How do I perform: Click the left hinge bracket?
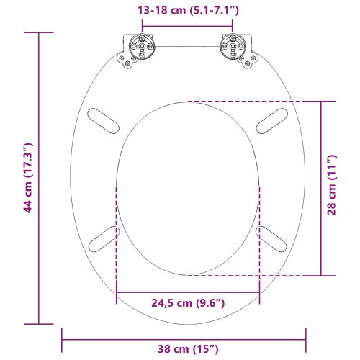pos(138,50)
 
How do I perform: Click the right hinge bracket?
pos(235,50)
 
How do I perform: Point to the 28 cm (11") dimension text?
pos(332,189)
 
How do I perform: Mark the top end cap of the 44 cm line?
pos(39,32)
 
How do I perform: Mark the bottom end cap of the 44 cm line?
pos(39,323)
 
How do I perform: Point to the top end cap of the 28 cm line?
pos(321,101)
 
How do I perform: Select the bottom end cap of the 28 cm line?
pos(321,276)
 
